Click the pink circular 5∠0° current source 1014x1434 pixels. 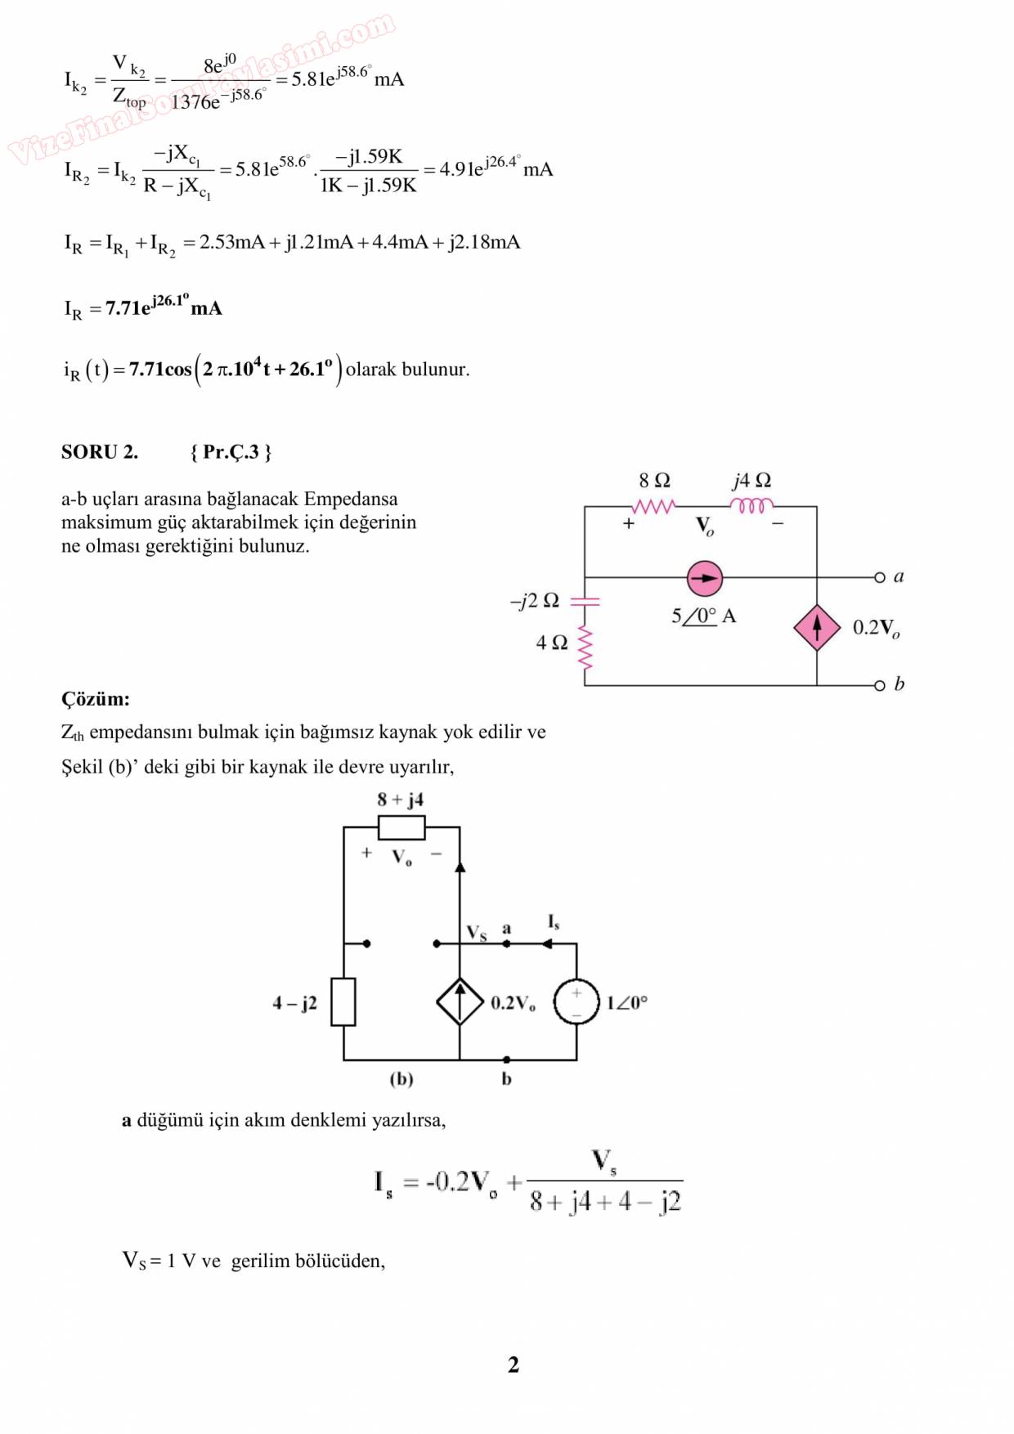coord(704,579)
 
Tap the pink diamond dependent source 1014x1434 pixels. coord(816,627)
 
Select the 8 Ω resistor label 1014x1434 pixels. coord(654,481)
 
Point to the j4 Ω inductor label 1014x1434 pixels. coord(752,481)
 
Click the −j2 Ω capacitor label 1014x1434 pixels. coord(535,601)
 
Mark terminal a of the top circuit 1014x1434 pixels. coord(880,577)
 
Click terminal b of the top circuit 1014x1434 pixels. coord(880,685)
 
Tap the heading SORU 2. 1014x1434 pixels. coord(100,452)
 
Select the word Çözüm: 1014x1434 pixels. coord(96,699)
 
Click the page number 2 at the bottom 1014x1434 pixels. coord(513,1365)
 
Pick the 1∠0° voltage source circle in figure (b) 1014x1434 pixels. coord(577,1002)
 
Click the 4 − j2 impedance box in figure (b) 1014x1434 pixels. coord(343,1002)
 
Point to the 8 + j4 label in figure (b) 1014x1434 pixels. coord(400,800)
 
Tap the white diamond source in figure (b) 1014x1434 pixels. coord(460,1002)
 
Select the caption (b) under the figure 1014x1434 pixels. coord(401,1079)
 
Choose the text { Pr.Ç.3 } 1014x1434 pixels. coord(231,452)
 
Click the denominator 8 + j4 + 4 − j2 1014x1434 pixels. coord(605,1202)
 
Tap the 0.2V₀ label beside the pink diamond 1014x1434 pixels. coord(876,628)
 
